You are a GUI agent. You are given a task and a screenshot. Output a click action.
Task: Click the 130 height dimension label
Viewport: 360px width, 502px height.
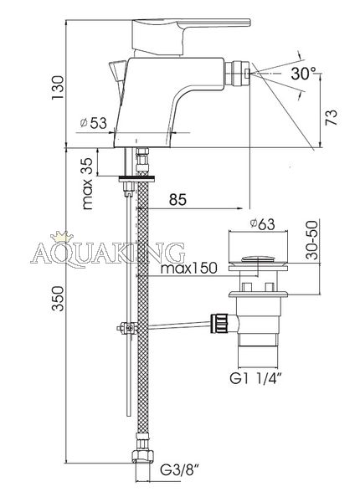coord(58,88)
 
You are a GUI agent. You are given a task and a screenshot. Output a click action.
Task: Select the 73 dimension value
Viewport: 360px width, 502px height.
coord(332,117)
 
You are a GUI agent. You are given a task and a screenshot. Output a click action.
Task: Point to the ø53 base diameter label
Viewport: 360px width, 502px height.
coord(93,123)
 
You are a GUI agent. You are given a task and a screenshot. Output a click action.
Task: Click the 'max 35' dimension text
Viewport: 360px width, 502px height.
coord(87,184)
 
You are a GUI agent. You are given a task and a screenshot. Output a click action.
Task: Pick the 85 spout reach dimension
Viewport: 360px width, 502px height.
coord(177,200)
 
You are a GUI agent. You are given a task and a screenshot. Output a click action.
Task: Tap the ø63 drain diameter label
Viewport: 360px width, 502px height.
coord(262,223)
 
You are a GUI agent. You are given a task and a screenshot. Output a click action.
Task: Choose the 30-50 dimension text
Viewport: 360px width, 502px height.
coord(312,239)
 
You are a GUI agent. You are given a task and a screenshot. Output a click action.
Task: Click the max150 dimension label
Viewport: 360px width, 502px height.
coord(188,268)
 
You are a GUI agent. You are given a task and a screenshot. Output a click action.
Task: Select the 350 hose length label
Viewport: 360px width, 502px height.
coord(58,298)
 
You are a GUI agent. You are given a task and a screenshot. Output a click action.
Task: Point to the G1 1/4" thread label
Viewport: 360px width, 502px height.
coord(255,379)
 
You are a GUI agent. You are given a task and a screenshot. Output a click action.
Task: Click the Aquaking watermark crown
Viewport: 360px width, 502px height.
coord(62,238)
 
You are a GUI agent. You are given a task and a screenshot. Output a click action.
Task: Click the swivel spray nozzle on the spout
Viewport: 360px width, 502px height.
coord(237,74)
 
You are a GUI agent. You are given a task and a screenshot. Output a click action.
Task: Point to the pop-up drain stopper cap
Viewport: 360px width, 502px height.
coord(258,259)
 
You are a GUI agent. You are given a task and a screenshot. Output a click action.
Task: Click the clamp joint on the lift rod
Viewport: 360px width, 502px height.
coord(127,328)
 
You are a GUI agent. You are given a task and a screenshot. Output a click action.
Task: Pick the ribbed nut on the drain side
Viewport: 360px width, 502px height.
coord(219,324)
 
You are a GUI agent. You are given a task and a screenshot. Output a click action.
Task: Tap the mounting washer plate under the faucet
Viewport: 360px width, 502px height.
coord(137,179)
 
